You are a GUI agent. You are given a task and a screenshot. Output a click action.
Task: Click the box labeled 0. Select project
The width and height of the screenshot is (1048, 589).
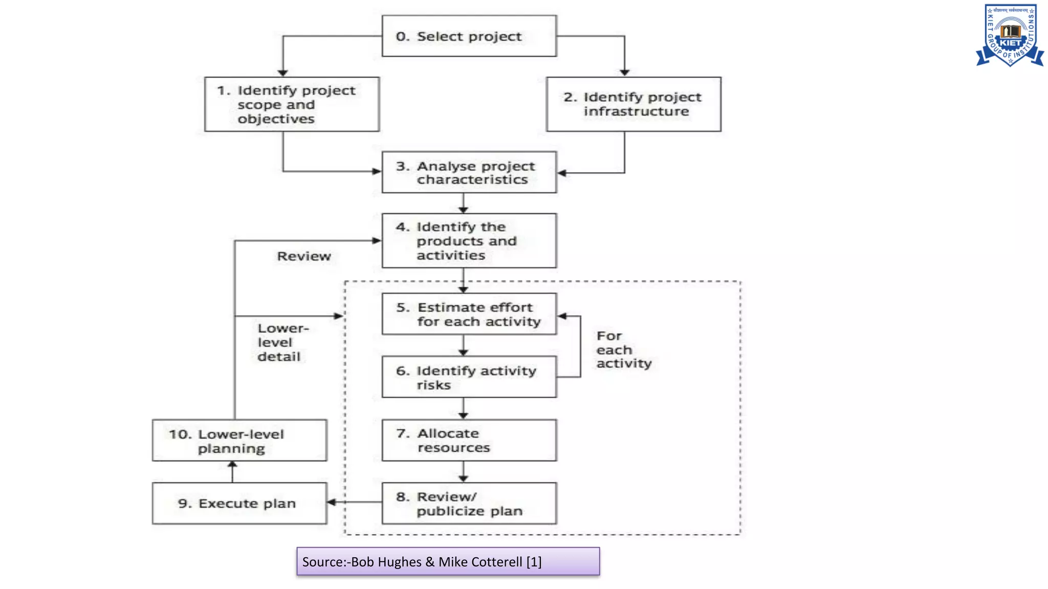(x=469, y=36)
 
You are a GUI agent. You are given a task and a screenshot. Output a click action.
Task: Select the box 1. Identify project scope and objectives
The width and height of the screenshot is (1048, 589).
(x=292, y=104)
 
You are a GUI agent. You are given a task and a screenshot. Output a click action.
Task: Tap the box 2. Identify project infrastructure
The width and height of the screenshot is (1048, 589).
(x=634, y=104)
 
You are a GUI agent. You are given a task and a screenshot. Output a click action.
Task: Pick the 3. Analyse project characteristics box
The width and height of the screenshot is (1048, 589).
(x=469, y=172)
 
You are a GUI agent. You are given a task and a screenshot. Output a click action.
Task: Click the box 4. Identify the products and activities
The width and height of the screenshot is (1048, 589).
(x=469, y=241)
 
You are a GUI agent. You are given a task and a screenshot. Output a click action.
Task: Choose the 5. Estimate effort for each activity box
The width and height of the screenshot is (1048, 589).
(x=469, y=314)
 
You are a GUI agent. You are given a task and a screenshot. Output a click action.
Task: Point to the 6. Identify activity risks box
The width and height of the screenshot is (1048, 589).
(x=469, y=377)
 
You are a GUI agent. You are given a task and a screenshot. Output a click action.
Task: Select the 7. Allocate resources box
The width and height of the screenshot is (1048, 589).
(x=469, y=440)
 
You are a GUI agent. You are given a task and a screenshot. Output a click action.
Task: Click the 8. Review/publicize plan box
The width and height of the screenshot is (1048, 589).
(x=469, y=503)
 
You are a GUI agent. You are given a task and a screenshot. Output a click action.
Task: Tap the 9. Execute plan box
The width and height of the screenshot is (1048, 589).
(x=239, y=503)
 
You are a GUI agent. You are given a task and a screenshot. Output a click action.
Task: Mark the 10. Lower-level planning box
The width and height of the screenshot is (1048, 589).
(x=239, y=440)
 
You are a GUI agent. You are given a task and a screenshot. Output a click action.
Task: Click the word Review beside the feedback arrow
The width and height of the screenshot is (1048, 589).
(x=304, y=256)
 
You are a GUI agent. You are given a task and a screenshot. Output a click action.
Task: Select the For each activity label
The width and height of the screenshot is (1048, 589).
(x=623, y=350)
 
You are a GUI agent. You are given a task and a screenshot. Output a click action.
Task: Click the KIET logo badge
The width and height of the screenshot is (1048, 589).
(x=1010, y=35)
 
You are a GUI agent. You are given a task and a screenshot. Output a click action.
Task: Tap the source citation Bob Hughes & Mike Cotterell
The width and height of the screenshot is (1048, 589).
(x=448, y=561)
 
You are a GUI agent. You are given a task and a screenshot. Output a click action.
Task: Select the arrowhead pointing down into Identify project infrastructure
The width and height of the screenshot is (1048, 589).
(x=624, y=73)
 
